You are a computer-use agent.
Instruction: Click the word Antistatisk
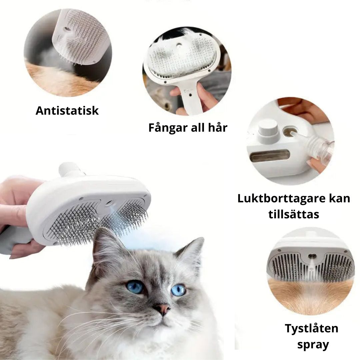(x=67, y=111)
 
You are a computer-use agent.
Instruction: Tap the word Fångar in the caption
(x=164, y=127)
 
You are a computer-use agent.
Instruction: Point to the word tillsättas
(x=294, y=214)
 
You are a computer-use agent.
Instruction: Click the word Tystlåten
(x=311, y=328)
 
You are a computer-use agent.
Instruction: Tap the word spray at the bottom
(x=313, y=344)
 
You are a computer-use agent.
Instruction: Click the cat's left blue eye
(x=135, y=286)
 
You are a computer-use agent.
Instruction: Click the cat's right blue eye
(x=178, y=290)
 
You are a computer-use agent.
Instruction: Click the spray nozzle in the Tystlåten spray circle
(x=311, y=256)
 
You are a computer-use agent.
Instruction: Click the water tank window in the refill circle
(x=266, y=156)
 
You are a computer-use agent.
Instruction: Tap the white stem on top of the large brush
(x=70, y=170)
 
